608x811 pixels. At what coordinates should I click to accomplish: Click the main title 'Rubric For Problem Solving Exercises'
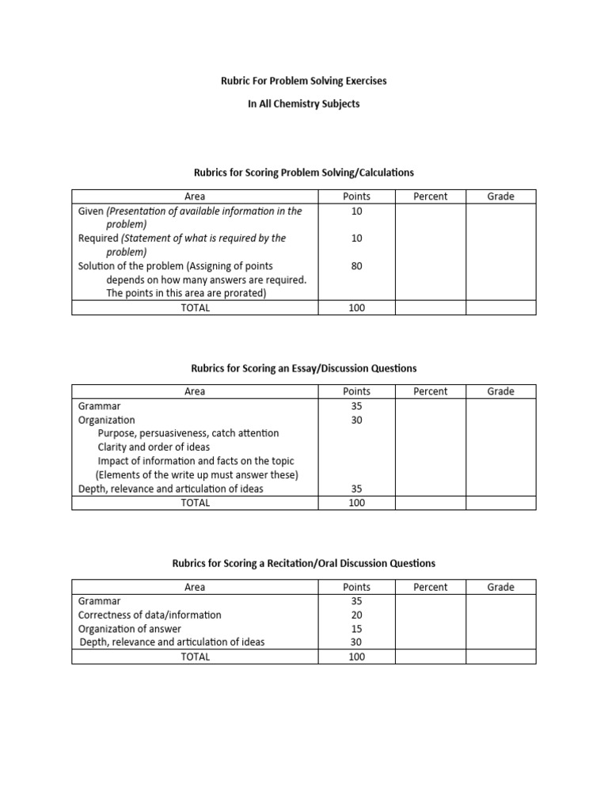(304, 82)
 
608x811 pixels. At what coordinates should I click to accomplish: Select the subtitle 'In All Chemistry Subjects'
(304, 105)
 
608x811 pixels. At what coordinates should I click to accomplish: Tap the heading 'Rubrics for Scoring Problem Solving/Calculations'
(304, 173)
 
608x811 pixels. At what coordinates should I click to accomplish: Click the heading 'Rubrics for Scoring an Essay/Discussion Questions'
(304, 368)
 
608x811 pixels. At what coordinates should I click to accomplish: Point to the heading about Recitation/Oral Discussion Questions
(304, 564)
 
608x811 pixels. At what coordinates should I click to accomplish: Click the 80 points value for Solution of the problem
(356, 267)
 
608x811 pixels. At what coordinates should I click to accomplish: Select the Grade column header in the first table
(500, 196)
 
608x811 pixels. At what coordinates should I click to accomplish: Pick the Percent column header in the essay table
(430, 391)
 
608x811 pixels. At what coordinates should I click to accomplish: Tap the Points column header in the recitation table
(356, 587)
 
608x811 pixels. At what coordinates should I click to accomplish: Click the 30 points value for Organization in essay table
(356, 421)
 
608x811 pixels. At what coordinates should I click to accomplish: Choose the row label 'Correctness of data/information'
(150, 615)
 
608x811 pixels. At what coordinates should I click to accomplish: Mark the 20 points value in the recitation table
(356, 615)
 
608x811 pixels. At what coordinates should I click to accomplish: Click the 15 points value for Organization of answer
(356, 629)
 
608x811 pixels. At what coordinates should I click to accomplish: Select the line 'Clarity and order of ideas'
(154, 447)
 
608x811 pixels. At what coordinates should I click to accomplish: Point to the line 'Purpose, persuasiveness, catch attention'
(188, 434)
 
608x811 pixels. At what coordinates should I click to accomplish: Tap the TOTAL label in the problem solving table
(195, 308)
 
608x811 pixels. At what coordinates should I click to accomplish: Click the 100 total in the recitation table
(356, 657)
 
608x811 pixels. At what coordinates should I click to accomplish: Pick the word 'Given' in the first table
(91, 211)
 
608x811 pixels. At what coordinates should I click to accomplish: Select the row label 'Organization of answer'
(129, 629)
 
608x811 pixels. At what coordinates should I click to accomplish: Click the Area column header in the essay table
(195, 391)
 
